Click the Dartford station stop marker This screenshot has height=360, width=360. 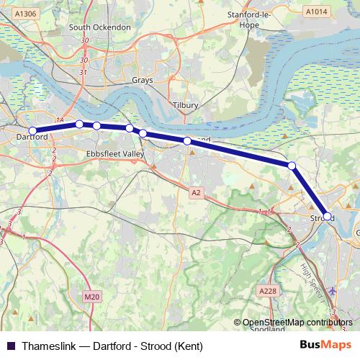32,130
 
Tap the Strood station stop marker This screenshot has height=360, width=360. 327,216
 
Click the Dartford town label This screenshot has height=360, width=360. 32,137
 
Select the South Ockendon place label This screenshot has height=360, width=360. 99,27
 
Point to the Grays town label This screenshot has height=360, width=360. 142,81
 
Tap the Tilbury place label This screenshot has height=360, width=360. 186,105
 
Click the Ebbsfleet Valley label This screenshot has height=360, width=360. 115,154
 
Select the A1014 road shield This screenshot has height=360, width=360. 315,12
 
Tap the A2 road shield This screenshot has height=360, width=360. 196,192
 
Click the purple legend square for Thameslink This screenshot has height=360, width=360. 10,346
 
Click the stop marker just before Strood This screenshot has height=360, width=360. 292,166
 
